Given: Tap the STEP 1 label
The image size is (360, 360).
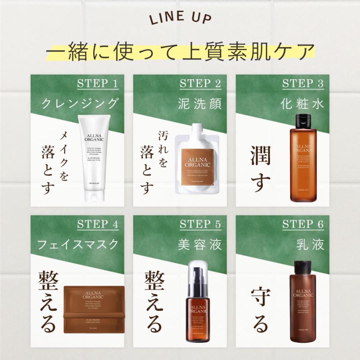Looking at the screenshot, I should (98, 84).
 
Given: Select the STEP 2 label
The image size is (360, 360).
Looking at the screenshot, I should (200, 84).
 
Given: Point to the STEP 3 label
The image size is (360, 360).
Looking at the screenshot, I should (303, 84).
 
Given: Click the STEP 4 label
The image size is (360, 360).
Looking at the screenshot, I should (98, 224).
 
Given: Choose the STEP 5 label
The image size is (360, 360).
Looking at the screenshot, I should (200, 224).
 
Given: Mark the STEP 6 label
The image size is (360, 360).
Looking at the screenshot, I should (303, 224).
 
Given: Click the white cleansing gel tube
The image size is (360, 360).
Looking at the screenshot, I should (94, 156).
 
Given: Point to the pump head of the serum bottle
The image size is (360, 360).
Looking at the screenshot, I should (196, 270).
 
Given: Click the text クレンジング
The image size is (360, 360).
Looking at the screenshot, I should (80, 104).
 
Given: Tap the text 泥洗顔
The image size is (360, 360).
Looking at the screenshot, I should (200, 104).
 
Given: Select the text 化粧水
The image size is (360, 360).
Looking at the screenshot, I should (302, 104).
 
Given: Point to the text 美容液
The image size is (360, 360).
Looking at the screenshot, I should (200, 244).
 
